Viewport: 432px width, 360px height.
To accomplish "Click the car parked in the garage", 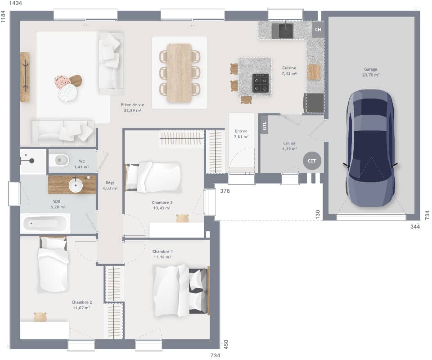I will coord(370,148).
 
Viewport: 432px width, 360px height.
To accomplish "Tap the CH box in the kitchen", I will coord(318,30).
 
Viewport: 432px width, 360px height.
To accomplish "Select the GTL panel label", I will coord(265,126).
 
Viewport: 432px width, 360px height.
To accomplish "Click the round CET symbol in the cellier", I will coord(312,161).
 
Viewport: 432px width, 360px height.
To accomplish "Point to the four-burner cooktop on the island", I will coord(261,82).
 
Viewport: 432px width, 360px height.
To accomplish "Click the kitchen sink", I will coord(286,31).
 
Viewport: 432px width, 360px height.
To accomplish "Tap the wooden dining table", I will coord(180,72).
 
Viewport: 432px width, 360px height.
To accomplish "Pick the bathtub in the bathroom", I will coord(45,223).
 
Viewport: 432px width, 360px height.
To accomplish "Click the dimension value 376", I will coord(225,191).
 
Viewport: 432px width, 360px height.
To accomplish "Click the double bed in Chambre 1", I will coord(180,289).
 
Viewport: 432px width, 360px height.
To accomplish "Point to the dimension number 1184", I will coord(4,18).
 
